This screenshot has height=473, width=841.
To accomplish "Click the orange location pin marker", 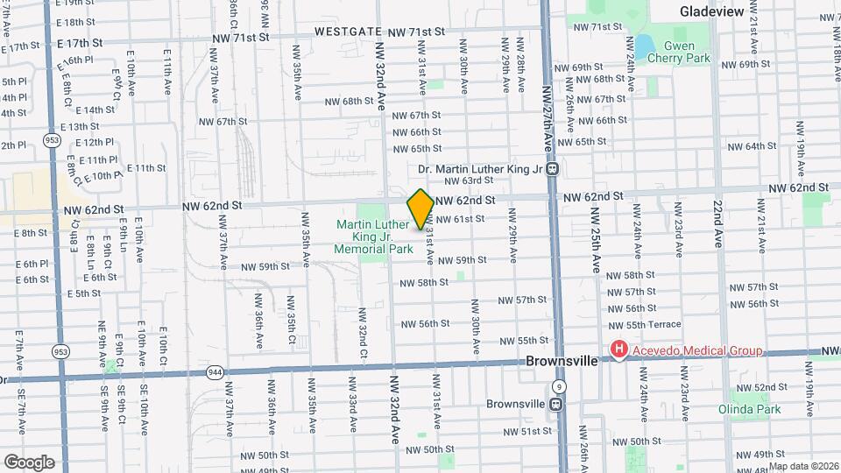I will tap(420, 208).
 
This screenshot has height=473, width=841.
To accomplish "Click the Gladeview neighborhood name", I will tap(711, 11).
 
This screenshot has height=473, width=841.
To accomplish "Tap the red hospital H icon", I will tap(619, 351).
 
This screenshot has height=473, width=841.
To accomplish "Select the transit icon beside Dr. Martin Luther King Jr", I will tap(553, 169).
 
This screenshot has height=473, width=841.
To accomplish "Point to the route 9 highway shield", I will tap(559, 386).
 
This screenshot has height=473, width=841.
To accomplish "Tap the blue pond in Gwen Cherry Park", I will tap(645, 46).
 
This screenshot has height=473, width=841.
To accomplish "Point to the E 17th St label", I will tap(80, 42).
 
